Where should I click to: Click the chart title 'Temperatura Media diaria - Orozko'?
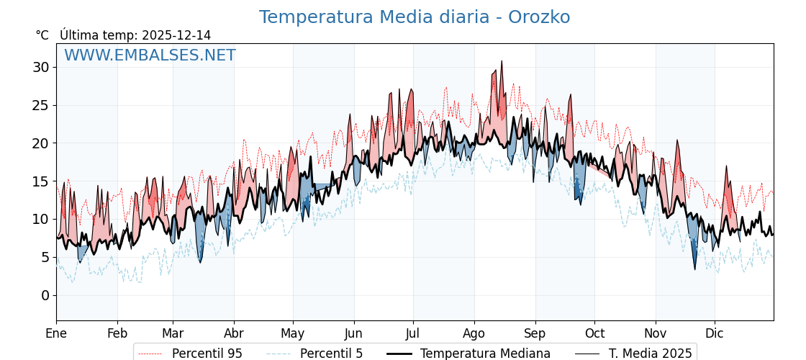[x=414, y=17]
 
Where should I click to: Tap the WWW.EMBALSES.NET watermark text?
[x=150, y=55]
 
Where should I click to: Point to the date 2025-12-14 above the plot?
[x=176, y=35]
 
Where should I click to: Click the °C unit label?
[x=42, y=35]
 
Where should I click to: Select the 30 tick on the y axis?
[x=40, y=67]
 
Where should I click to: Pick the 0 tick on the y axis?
[x=45, y=295]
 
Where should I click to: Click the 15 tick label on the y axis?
[x=40, y=181]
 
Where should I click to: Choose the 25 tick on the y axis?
[x=40, y=105]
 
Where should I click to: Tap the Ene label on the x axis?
[x=56, y=333]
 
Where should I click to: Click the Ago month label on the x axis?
[x=474, y=333]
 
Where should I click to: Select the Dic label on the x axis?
[x=715, y=333]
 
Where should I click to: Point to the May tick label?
[x=293, y=333]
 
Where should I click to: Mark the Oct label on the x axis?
[x=594, y=333]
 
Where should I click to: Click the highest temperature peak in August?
[x=502, y=61]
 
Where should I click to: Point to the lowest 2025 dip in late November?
[x=695, y=269]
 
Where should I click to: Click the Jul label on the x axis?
[x=413, y=333]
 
